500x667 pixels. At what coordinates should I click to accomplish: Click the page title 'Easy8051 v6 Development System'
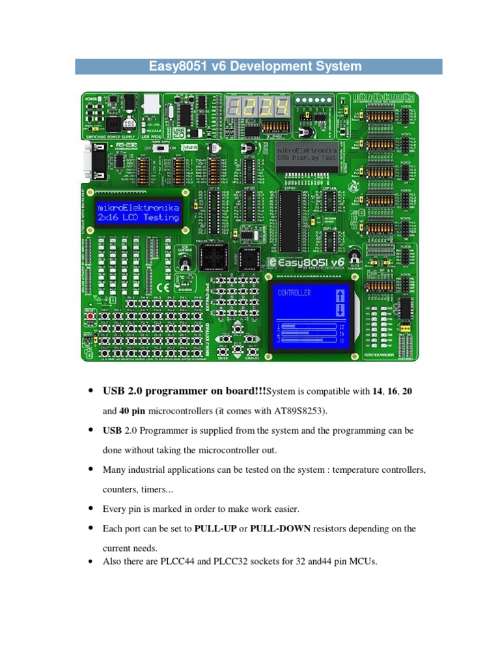point(258,66)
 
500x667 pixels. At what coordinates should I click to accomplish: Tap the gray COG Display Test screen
point(307,154)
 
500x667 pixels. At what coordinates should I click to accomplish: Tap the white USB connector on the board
point(151,104)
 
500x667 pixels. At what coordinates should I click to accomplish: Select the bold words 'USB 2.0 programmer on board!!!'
point(184,391)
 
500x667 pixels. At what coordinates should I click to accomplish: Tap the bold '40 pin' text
point(132,411)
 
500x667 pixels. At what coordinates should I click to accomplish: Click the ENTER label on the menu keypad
point(223,356)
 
